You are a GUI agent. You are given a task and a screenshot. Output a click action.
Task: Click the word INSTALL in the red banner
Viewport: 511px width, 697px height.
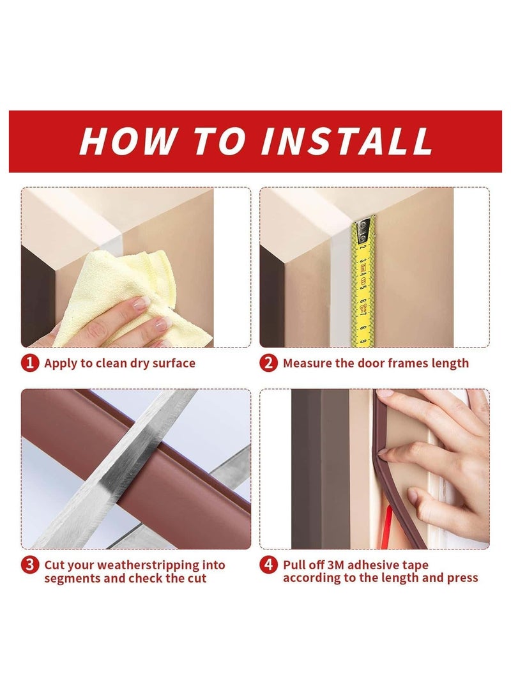pos(346,141)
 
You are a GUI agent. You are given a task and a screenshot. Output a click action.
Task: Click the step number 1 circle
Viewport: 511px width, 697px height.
pos(30,363)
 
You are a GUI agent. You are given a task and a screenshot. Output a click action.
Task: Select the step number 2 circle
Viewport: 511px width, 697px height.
pos(268,363)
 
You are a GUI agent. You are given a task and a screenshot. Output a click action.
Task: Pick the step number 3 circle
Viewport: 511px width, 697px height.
pos(30,565)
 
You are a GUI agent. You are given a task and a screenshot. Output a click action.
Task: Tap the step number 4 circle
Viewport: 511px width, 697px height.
pos(268,565)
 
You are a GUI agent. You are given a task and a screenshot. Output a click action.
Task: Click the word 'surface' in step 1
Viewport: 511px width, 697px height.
pos(174,363)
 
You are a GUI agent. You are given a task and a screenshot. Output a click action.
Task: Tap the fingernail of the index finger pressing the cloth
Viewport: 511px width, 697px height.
pos(141,303)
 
